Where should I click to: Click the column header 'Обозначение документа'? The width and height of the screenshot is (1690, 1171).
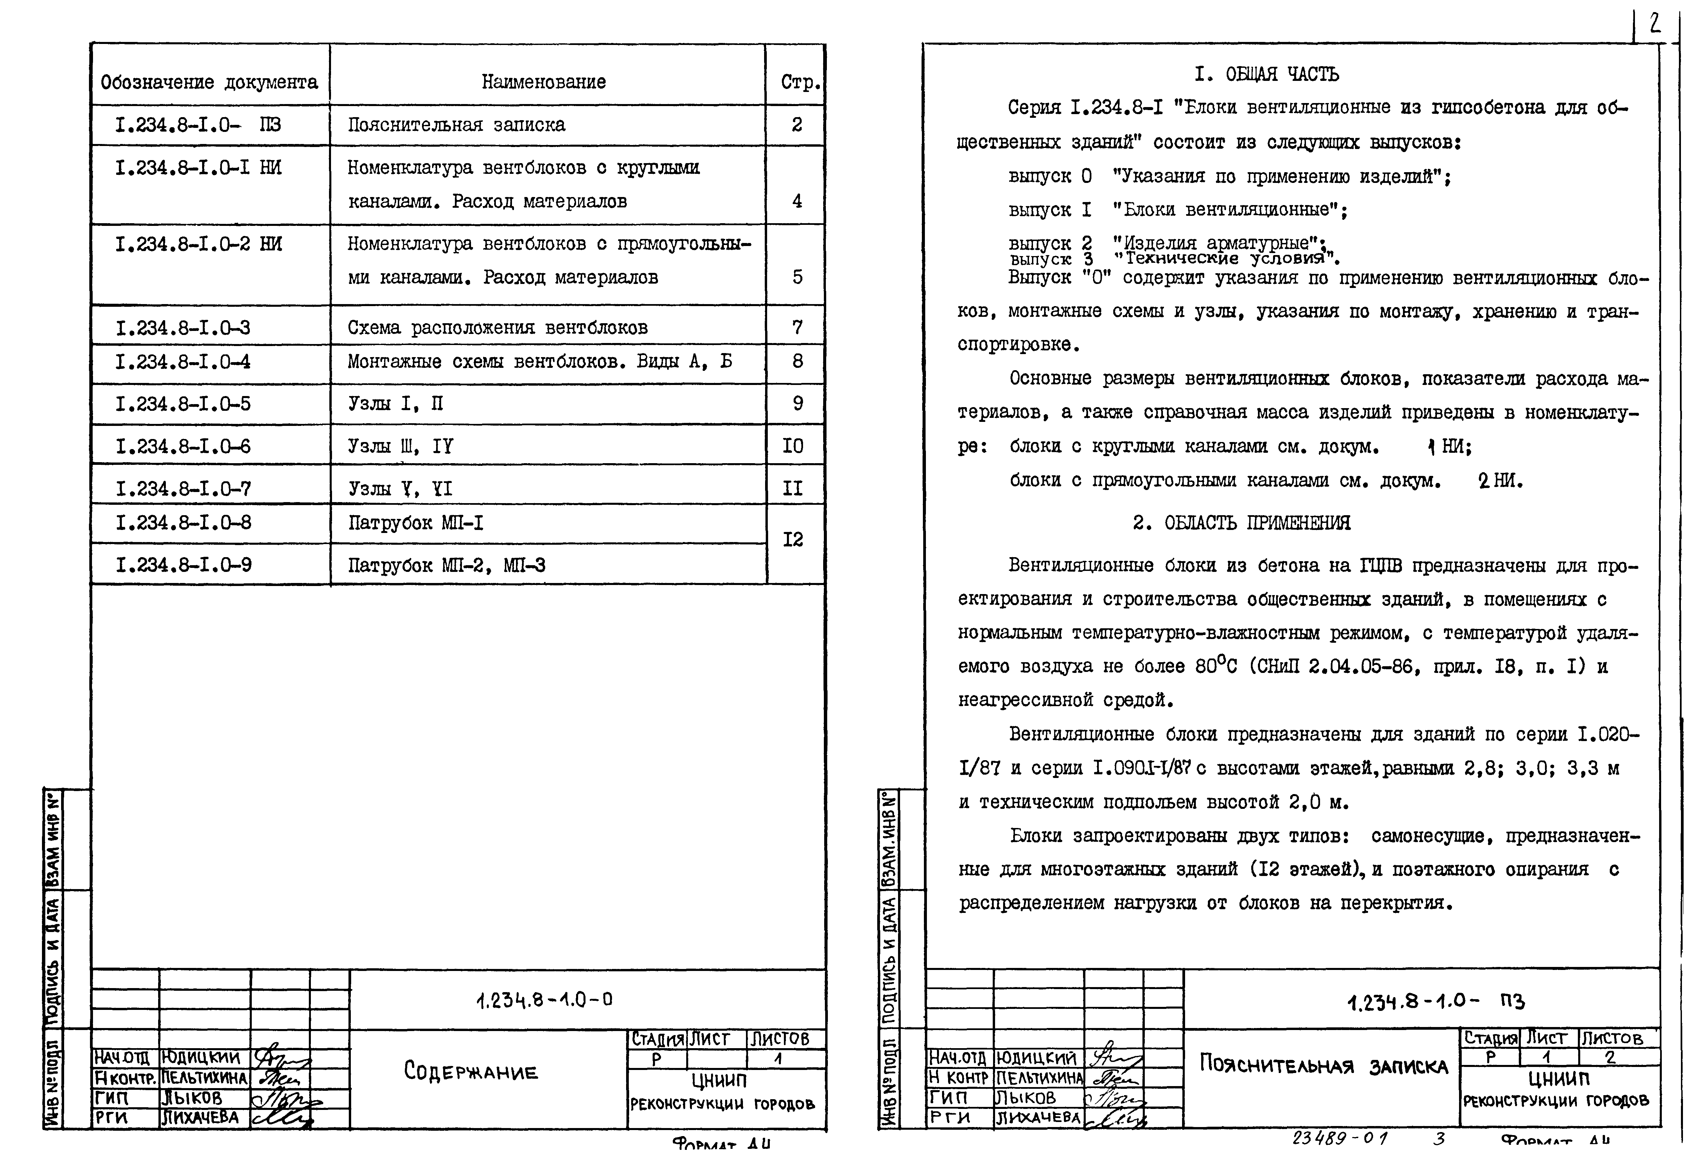(x=209, y=82)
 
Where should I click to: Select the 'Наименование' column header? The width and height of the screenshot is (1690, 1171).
(x=544, y=82)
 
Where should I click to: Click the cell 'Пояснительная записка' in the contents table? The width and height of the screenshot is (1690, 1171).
(x=457, y=125)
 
